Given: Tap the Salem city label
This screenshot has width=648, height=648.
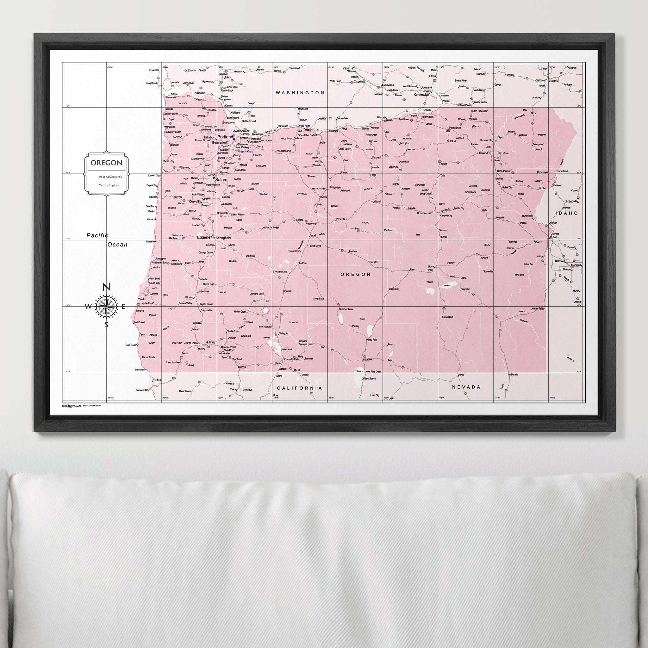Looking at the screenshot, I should (x=221, y=180).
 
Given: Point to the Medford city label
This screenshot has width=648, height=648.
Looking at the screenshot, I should (x=229, y=350).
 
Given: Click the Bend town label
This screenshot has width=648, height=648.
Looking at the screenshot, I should (x=312, y=235).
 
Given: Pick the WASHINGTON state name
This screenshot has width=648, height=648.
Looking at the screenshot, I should (x=300, y=93).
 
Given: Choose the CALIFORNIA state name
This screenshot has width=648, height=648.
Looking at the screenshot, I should (x=299, y=388).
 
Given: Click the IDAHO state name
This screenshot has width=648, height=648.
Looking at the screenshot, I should (x=566, y=213).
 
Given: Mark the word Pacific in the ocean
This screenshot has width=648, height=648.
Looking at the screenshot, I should (x=97, y=235).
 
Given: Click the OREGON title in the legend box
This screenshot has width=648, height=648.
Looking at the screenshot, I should (x=106, y=163).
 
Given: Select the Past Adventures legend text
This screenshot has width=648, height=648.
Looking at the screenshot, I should (x=110, y=177).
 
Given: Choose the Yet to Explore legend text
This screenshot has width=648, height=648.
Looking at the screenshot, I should (x=109, y=185).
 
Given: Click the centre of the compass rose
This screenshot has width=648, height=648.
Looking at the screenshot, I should (x=106, y=306).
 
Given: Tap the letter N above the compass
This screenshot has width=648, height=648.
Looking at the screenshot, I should (x=106, y=287).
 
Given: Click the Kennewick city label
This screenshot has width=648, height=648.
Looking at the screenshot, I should (x=421, y=95).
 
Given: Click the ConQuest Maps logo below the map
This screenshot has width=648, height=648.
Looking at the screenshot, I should (x=72, y=406).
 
